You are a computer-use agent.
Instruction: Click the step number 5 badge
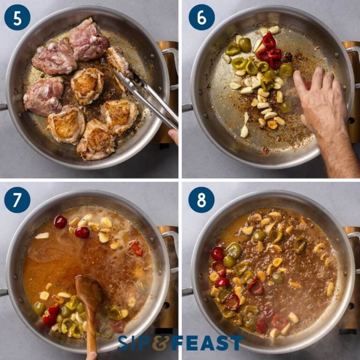pos(17,17)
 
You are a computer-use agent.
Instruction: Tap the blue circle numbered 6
pos(202,17)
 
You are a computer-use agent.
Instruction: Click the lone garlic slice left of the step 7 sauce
pos(42,236)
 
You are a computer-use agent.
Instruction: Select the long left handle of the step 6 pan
pos(187,108)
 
